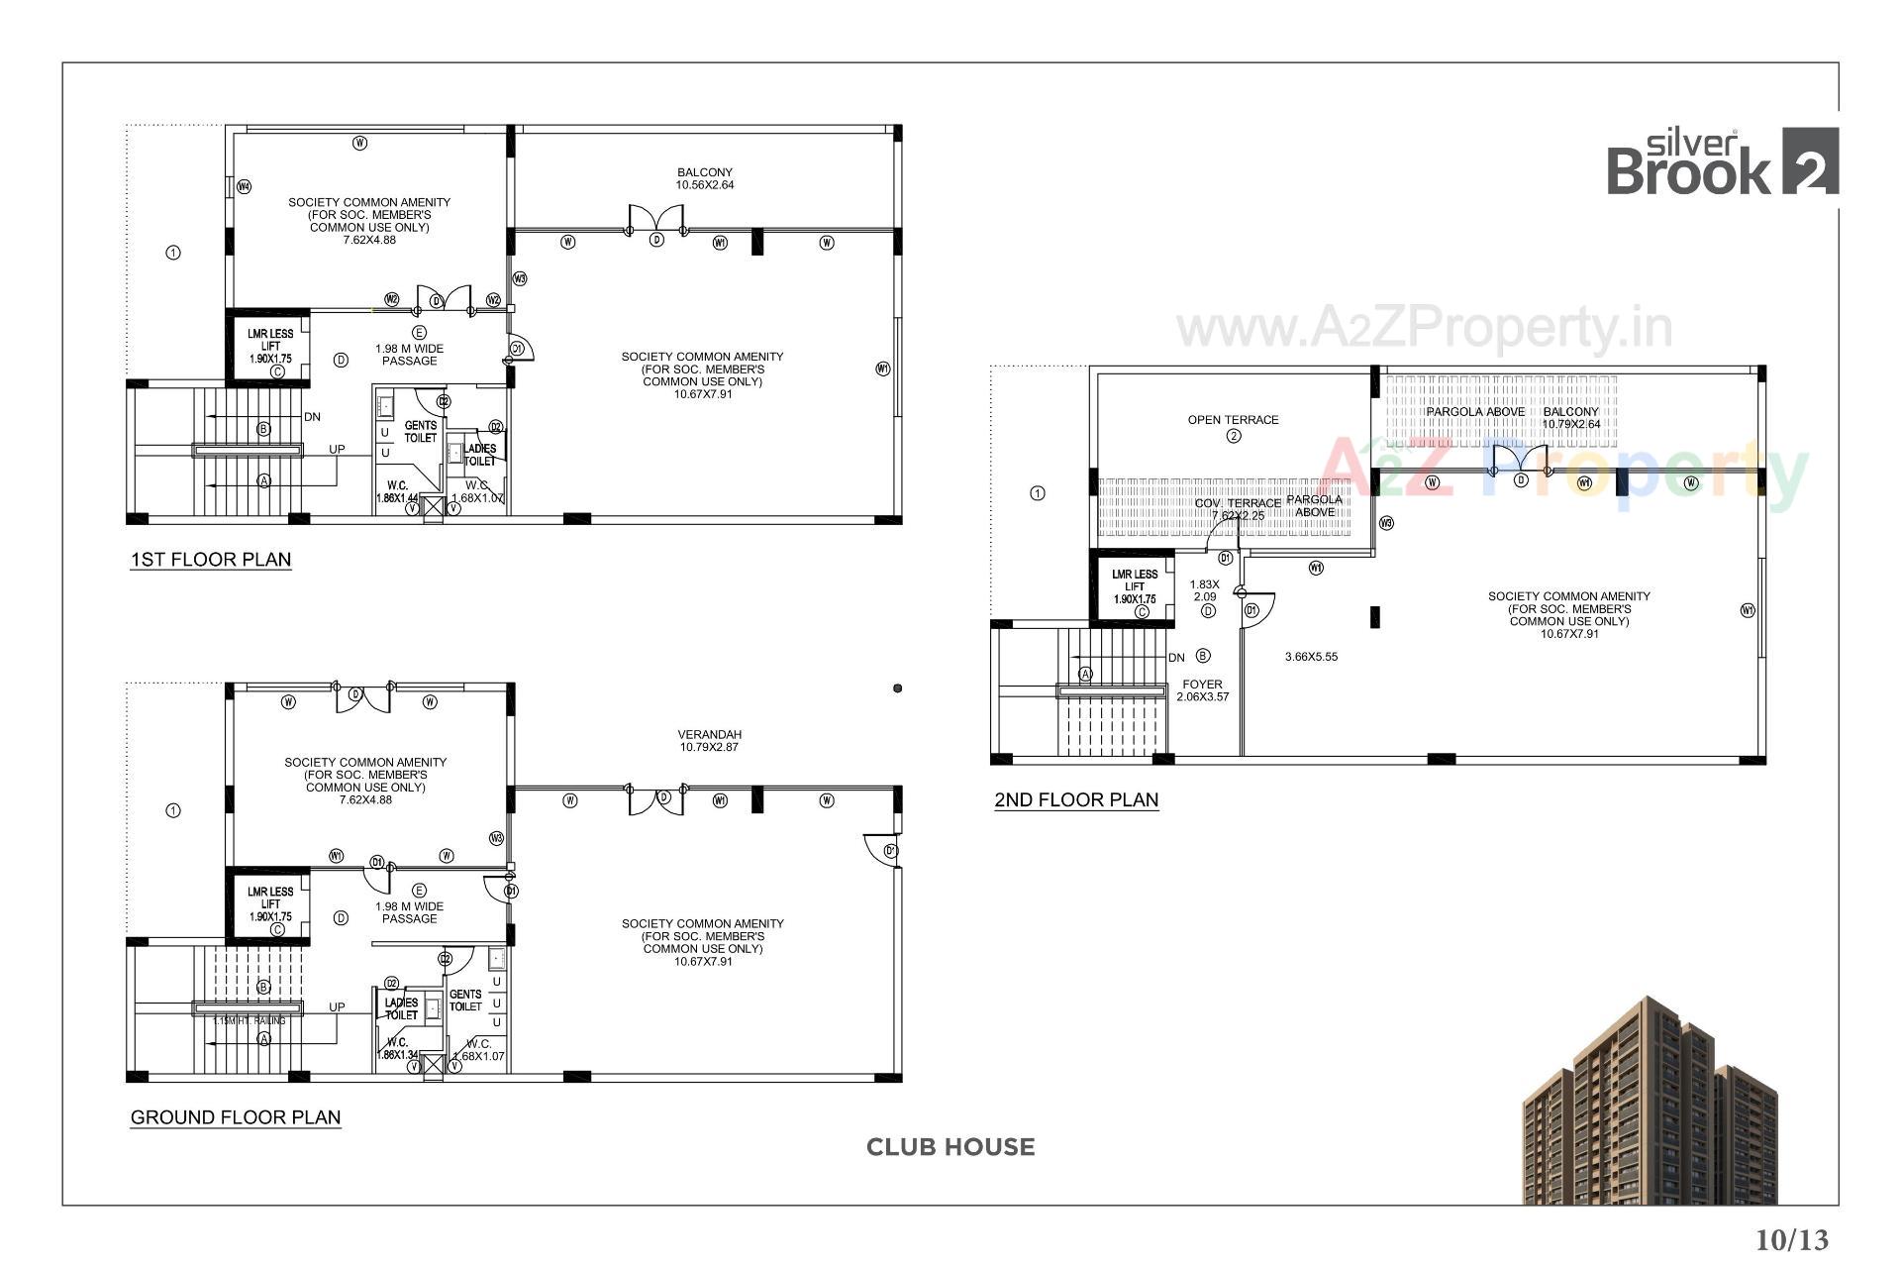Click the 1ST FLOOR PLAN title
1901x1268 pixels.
click(211, 560)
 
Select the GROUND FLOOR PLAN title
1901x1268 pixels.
click(236, 1117)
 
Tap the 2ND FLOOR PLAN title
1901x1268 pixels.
click(1076, 800)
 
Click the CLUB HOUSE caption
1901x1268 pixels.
click(950, 1147)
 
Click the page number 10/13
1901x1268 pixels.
click(1792, 1239)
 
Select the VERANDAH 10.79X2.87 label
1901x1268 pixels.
click(709, 741)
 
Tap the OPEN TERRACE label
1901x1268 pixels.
click(1233, 420)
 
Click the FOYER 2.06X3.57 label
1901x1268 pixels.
click(1202, 690)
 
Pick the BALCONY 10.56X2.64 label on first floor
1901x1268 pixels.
click(705, 178)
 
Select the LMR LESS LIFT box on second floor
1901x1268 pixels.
click(1134, 586)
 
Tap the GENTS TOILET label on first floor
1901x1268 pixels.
click(420, 432)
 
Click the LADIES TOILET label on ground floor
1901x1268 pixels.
click(401, 1008)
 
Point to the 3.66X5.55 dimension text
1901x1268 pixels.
click(1311, 657)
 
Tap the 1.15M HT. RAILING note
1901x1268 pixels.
click(249, 1021)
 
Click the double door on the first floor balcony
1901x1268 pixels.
click(656, 220)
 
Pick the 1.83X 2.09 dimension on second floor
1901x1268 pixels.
click(1204, 591)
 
